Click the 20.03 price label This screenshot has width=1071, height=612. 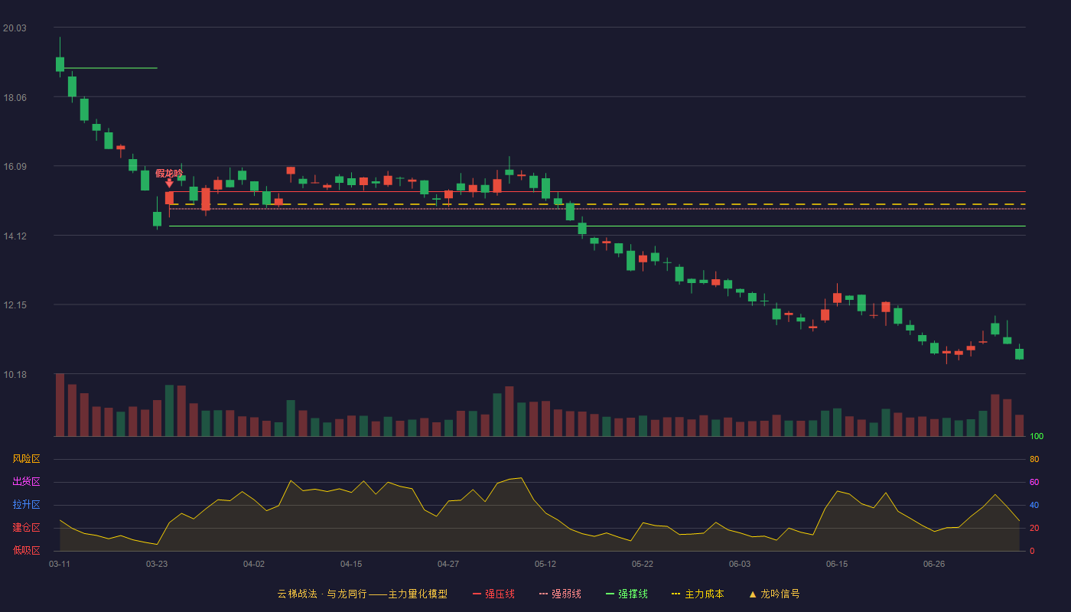[x=15, y=28]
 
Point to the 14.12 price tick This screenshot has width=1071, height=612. [x=15, y=236]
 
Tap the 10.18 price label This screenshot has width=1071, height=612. [x=15, y=375]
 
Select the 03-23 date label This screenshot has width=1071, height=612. [x=157, y=565]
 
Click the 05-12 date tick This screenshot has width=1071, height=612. [x=545, y=565]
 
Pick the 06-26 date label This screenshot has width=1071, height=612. [x=934, y=565]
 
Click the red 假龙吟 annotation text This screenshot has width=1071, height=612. [x=169, y=173]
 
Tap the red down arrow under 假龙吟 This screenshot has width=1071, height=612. [x=169, y=184]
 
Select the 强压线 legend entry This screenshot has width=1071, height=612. [x=494, y=594]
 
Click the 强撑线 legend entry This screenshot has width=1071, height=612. [x=627, y=594]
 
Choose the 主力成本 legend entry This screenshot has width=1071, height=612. [x=698, y=594]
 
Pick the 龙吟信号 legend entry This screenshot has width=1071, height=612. [x=774, y=594]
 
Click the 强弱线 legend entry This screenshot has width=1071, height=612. [x=560, y=594]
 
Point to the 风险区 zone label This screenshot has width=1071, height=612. [x=26, y=459]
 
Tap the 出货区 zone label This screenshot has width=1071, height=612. [x=26, y=481]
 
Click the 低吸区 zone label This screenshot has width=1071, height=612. [x=26, y=550]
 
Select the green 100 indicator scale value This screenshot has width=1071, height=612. [x=1037, y=437]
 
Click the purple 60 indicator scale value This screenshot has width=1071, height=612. [x=1034, y=482]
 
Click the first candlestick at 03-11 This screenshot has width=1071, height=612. [x=60, y=64]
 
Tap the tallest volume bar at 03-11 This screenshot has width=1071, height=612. [x=60, y=405]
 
